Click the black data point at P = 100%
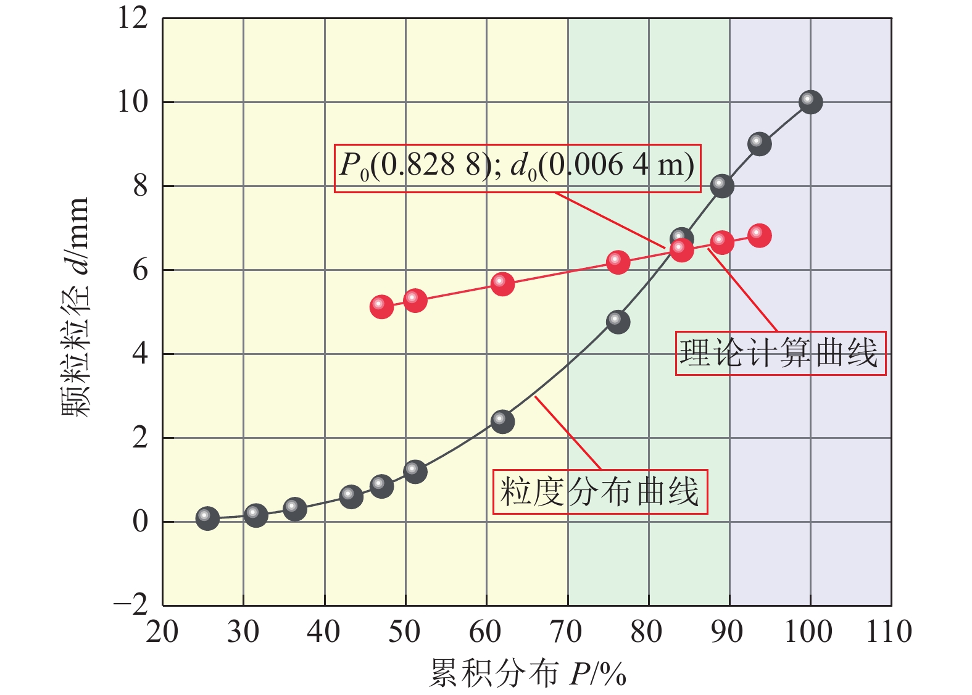click(810, 102)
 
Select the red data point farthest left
click(381, 306)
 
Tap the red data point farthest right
click(760, 235)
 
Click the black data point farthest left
click(207, 518)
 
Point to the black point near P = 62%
click(502, 422)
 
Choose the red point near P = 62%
click(502, 284)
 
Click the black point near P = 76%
click(618, 322)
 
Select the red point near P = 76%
click(618, 262)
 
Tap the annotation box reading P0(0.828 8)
click(517, 168)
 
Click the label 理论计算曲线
click(780, 354)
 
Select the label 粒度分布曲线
click(599, 492)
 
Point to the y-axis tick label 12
click(133, 18)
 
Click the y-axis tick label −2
click(131, 604)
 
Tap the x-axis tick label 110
click(889, 632)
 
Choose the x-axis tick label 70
click(566, 632)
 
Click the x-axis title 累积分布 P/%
click(528, 673)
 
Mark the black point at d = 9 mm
click(759, 144)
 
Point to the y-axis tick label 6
click(141, 270)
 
